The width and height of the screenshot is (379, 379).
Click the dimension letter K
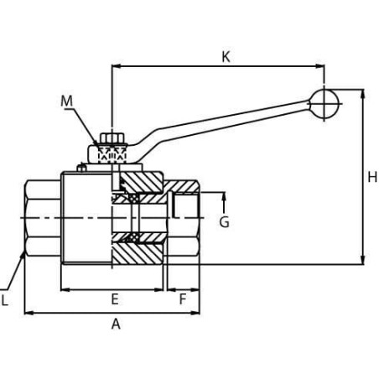[226, 57]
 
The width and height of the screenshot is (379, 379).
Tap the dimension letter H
[372, 177]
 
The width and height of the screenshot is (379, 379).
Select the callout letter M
[66, 101]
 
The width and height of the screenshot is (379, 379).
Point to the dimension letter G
[224, 222]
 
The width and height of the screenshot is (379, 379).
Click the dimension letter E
[115, 299]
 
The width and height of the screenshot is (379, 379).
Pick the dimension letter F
[183, 299]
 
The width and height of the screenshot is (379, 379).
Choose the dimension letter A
[116, 324]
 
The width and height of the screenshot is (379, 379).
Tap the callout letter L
[4, 300]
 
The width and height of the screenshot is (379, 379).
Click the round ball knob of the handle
[324, 104]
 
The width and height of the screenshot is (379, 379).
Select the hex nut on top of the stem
[112, 138]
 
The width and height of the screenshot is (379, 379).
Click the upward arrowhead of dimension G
[224, 196]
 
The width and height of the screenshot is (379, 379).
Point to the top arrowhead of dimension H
[363, 94]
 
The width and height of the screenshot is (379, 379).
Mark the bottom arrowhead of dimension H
[363, 260]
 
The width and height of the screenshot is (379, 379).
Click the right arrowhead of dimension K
[320, 66]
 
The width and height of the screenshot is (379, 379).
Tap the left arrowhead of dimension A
[29, 313]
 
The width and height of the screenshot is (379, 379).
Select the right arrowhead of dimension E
[158, 290]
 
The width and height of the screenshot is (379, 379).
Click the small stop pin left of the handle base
[81, 168]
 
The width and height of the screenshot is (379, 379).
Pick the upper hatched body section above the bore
[142, 182]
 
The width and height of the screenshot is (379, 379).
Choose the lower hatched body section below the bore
[137, 254]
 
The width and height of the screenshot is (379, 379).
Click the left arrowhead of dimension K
[117, 66]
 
